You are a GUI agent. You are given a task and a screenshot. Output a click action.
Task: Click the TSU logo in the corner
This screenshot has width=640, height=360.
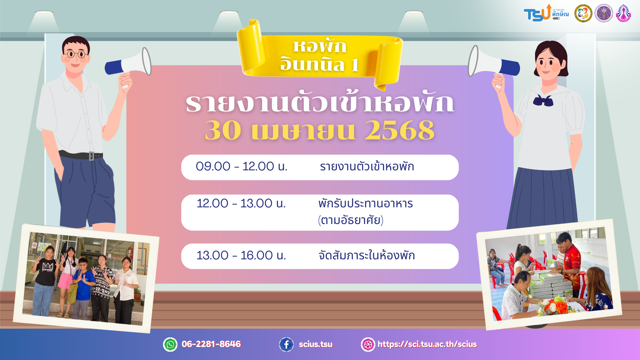point(546,13)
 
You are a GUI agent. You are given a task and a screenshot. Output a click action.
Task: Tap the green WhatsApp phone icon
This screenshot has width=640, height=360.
point(170,344)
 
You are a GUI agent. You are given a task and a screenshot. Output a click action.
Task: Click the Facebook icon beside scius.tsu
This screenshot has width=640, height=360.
point(286,344)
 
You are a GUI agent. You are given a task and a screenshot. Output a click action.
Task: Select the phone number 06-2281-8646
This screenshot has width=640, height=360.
point(211,344)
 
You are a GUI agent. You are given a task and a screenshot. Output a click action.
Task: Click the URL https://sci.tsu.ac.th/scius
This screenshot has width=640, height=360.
point(427,344)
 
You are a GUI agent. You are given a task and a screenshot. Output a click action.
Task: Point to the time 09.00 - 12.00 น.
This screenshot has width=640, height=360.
point(241,166)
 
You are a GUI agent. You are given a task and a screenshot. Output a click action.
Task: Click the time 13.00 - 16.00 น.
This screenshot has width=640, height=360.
point(241,255)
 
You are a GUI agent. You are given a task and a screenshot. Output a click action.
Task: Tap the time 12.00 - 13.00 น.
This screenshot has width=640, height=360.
point(241,203)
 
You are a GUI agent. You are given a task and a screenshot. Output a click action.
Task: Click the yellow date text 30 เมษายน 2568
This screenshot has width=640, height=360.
point(320,130)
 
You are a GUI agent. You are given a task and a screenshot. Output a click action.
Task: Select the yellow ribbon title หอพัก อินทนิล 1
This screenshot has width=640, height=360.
point(320,56)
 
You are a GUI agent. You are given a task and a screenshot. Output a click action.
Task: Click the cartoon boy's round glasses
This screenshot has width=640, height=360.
point(76,54)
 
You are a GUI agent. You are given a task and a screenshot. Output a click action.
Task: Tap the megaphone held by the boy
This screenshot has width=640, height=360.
point(128,63)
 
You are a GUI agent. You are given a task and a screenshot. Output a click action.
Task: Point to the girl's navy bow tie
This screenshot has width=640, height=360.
point(543,100)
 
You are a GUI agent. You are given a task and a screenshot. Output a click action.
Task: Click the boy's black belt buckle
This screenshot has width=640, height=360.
point(91,156)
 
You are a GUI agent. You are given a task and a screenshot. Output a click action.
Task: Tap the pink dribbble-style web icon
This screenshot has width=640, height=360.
point(368,344)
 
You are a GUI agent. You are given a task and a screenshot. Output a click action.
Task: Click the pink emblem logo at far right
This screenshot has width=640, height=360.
point(623,13)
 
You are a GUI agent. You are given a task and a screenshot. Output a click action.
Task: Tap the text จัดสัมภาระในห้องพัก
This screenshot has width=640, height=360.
point(367,255)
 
